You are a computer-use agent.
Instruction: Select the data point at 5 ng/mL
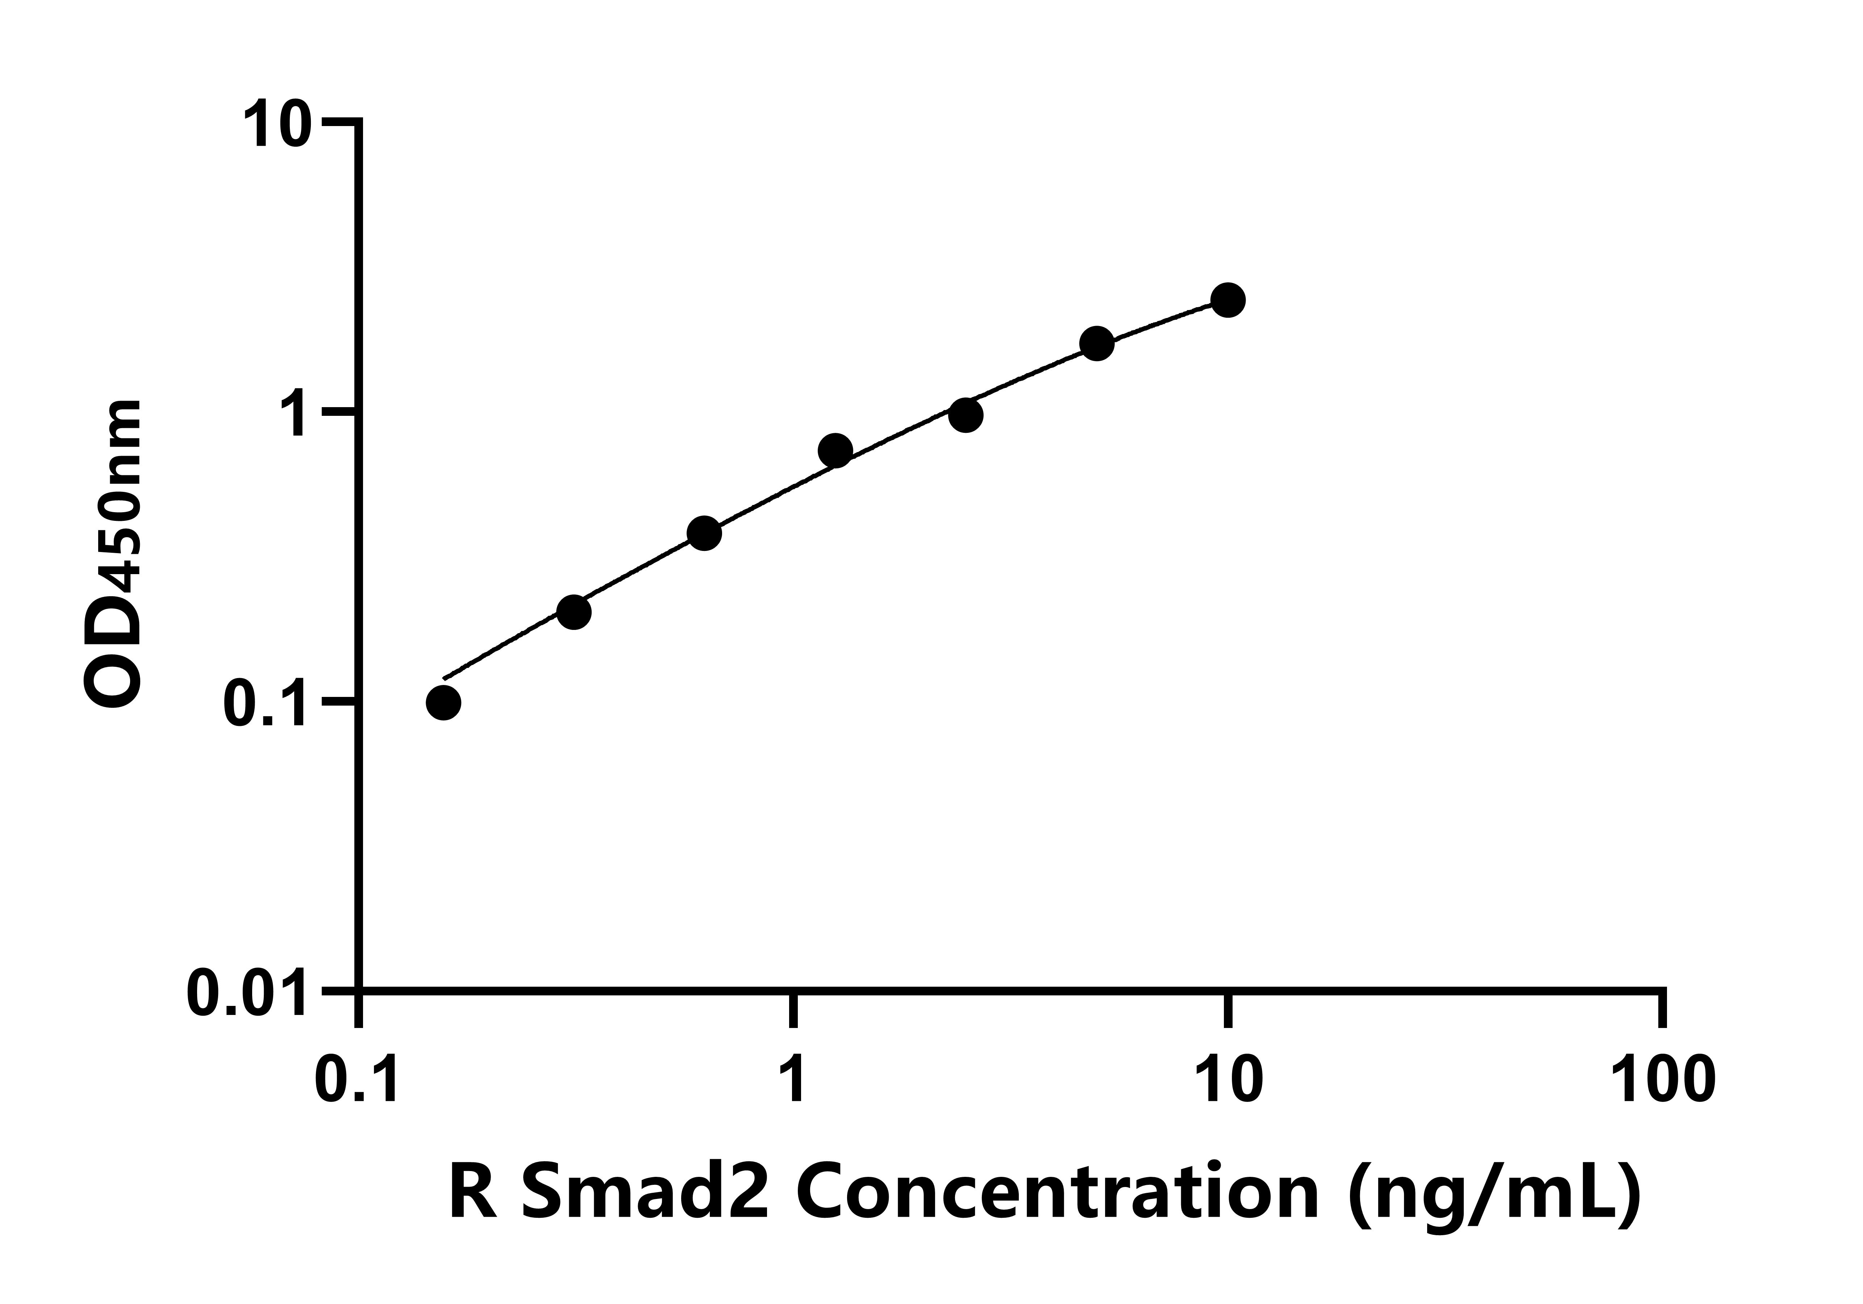coord(1097,344)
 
